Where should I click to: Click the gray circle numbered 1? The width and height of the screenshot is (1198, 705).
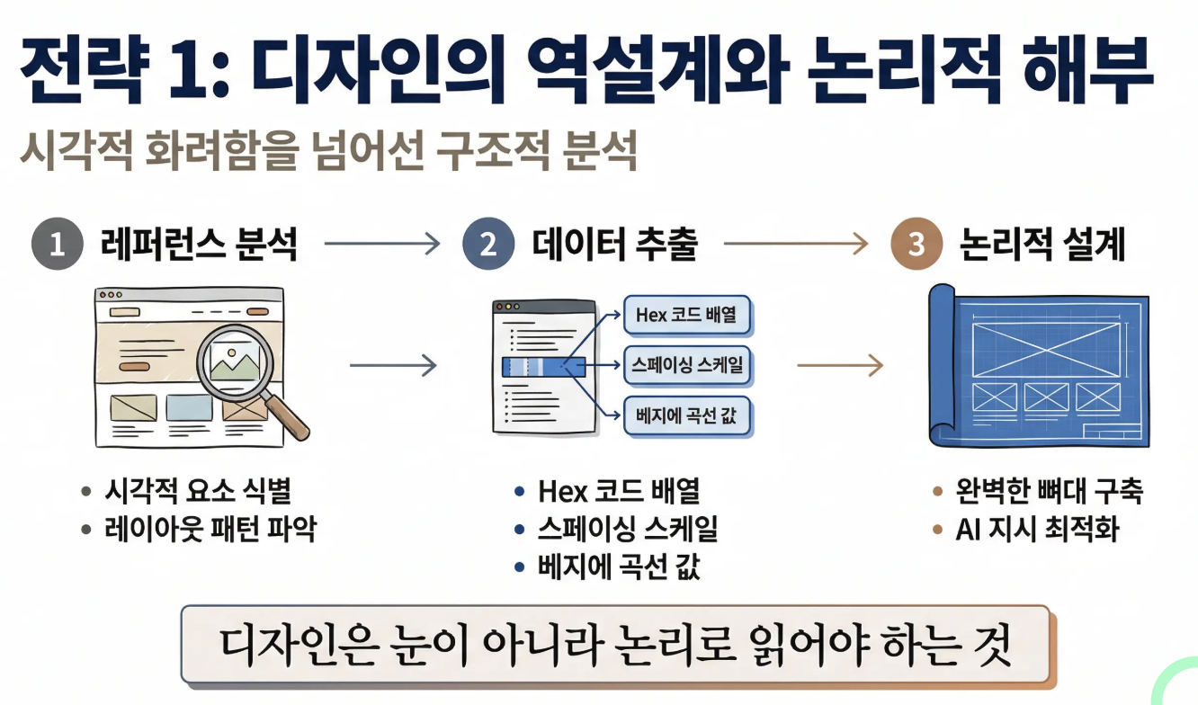point(58,244)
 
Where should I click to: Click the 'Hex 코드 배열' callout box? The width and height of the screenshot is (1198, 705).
point(687,316)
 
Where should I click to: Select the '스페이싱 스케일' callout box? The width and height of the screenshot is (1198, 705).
point(687,366)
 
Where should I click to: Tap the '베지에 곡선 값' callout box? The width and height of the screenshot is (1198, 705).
point(687,416)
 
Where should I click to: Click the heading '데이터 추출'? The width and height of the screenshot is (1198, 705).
point(615,244)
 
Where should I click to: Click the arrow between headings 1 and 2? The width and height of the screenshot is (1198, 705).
point(381,243)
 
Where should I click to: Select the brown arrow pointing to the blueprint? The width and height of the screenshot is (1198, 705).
point(839,365)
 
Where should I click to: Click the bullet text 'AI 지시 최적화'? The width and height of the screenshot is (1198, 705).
point(1036,529)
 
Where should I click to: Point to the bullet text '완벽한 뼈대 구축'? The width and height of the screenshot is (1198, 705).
point(1049,491)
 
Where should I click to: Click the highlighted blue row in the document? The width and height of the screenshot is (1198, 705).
point(543,366)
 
